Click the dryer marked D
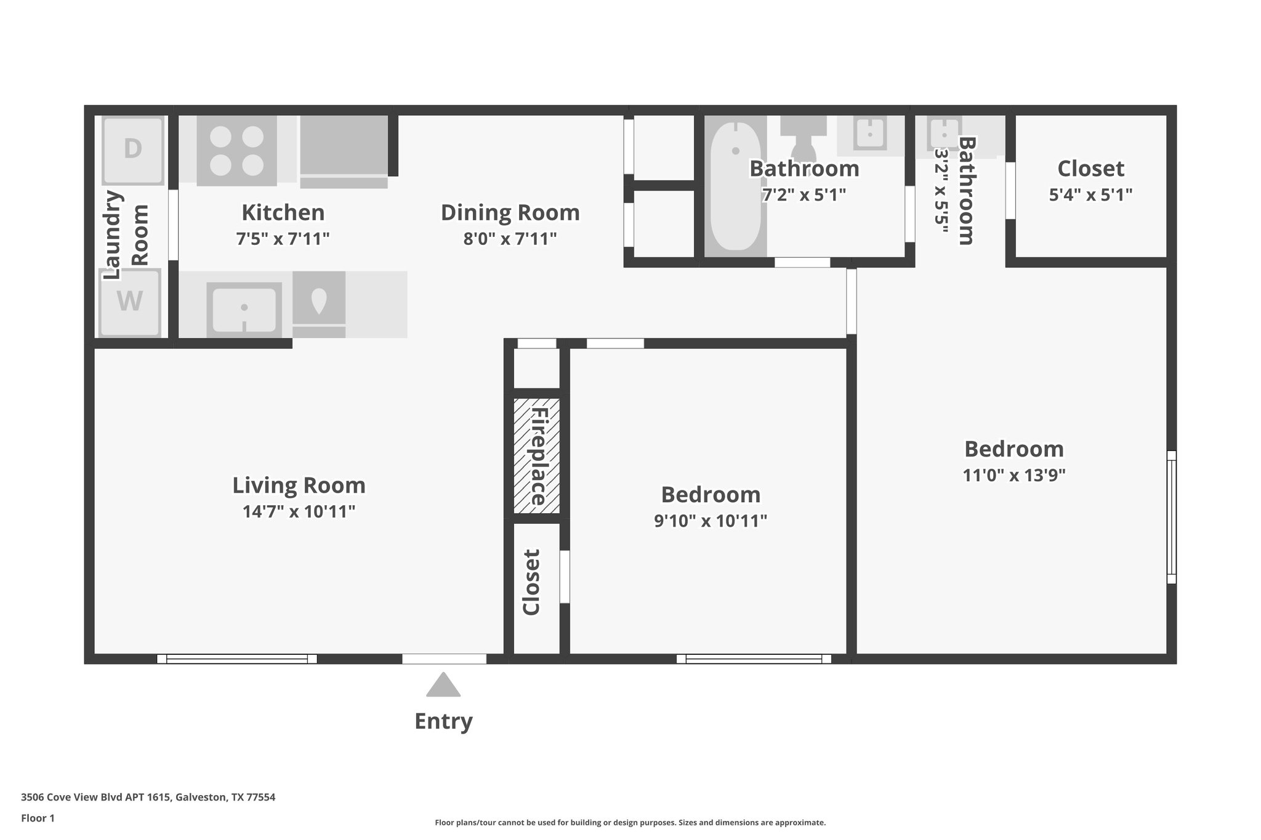133,149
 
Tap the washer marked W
130,302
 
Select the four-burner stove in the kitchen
236,151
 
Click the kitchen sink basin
244,308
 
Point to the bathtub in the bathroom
735,186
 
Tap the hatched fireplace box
537,456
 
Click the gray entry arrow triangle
443,686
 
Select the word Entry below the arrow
443,721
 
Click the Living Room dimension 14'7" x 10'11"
299,511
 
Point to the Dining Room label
510,213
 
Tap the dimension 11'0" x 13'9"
1014,475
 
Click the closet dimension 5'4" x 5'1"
1090,195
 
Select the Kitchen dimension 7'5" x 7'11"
283,239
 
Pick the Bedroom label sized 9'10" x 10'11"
711,495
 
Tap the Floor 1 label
38,818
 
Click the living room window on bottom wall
237,658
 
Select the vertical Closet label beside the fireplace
531,582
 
